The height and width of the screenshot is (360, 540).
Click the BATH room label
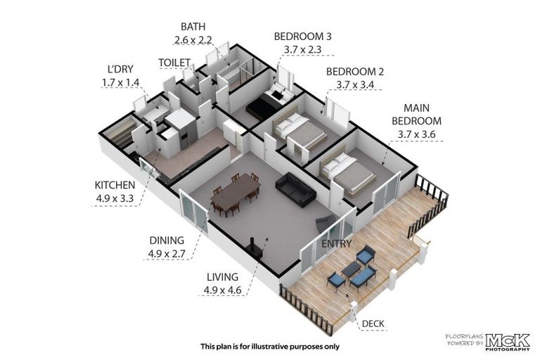(193, 26)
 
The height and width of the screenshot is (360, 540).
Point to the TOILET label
(175, 63)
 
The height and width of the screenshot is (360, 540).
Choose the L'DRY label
(121, 70)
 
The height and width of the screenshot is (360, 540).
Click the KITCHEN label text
(115, 185)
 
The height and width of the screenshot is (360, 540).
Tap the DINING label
(165, 239)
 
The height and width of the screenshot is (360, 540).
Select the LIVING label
(222, 277)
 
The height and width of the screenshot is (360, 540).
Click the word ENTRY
(337, 243)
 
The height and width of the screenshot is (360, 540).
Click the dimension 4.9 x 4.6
(222, 289)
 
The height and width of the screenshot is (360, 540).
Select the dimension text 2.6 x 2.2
(193, 40)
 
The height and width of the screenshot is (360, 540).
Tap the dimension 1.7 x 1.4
(121, 82)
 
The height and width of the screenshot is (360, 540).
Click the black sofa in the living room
(295, 188)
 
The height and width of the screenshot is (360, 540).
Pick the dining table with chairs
(234, 194)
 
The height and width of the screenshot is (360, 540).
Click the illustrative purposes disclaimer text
(270, 347)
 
